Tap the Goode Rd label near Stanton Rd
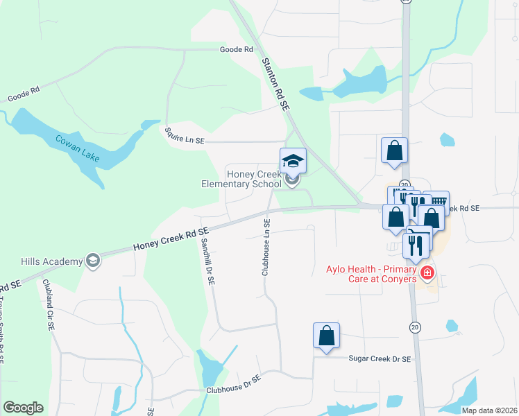point(236,50)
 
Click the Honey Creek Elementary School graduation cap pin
point(293,162)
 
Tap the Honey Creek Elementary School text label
point(241,179)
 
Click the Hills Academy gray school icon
point(93,261)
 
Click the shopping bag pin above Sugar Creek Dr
point(326,336)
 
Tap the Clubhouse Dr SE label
point(233,385)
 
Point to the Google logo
point(23,408)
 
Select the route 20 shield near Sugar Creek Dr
point(415,327)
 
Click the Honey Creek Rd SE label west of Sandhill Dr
point(171,239)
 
